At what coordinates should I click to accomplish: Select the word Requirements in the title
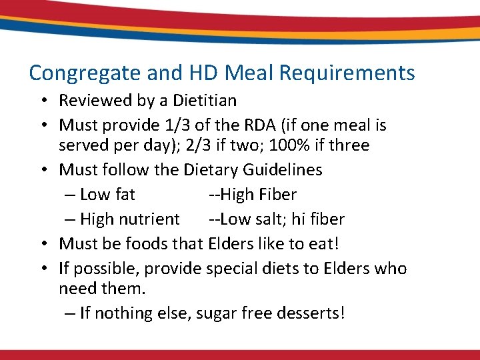click(x=341, y=72)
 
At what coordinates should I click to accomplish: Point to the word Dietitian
click(x=205, y=101)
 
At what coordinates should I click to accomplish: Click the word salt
click(x=265, y=219)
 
